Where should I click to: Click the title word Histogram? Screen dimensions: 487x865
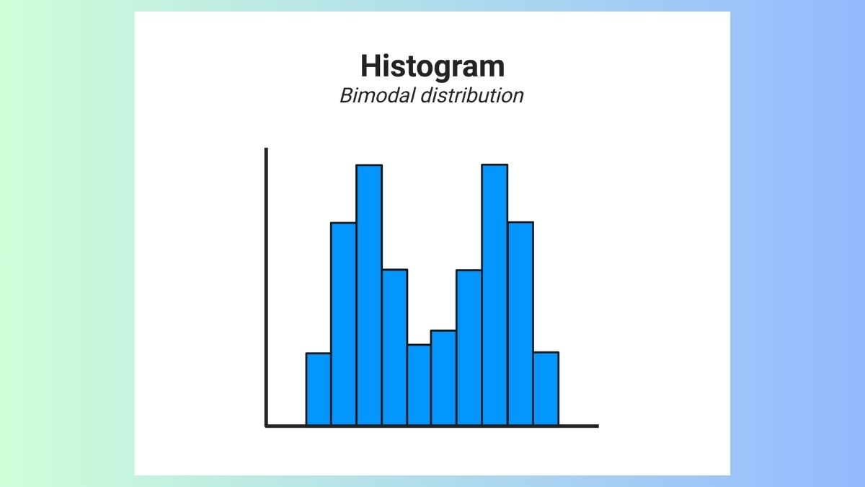[432, 66]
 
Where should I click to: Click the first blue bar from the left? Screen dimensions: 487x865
[319, 389]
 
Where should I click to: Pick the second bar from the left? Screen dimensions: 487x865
[344, 324]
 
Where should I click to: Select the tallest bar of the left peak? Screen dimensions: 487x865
[369, 295]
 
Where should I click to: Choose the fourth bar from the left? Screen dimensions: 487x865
[394, 347]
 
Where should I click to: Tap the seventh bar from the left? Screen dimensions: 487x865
[469, 347]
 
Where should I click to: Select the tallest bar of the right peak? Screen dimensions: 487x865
[494, 295]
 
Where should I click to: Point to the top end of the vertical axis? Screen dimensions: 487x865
[266, 150]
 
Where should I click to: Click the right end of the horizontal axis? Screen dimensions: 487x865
[596, 426]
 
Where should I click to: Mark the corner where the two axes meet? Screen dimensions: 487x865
[267, 426]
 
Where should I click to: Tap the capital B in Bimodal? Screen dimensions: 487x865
[346, 95]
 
